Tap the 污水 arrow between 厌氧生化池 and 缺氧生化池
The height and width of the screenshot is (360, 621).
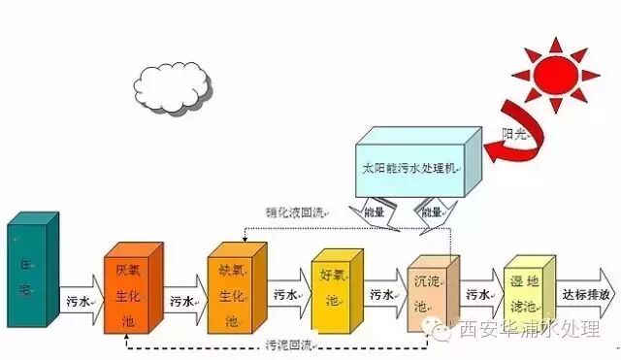[183, 302]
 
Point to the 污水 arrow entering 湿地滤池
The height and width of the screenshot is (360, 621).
[479, 294]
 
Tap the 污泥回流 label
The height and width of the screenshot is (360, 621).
[288, 344]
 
